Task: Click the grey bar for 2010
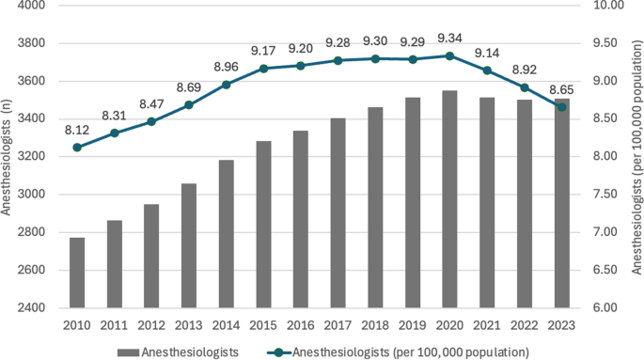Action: coord(77,273)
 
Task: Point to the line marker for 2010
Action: coord(77,148)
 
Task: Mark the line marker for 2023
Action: coord(562,107)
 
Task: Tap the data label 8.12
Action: coord(77,130)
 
